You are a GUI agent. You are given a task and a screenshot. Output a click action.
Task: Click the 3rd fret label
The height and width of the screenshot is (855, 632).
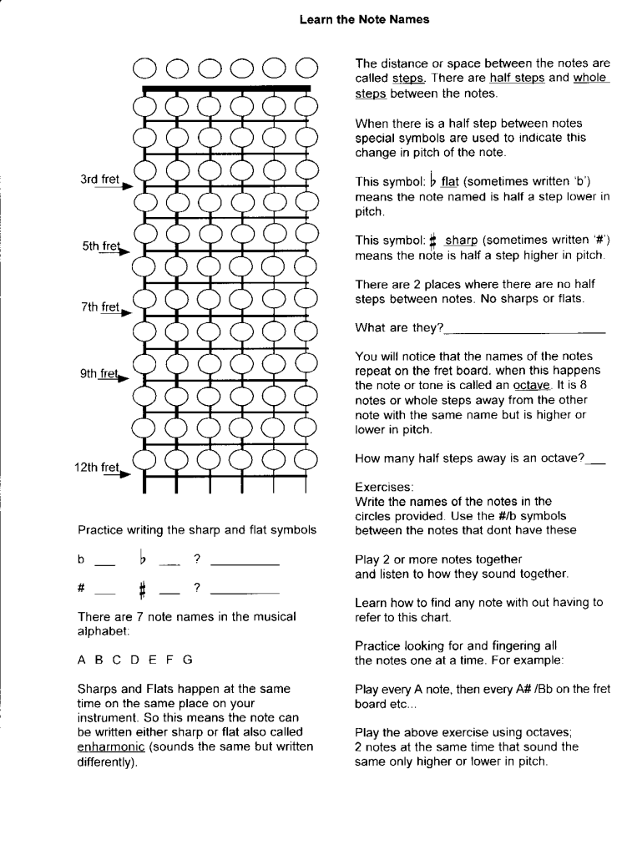coord(99,180)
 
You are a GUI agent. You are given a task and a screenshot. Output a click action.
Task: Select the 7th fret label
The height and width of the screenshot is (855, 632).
coord(99,307)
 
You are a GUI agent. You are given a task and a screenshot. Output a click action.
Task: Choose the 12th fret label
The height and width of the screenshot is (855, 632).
coord(97,468)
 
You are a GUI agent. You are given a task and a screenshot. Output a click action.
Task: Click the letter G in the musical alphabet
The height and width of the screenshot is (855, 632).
coord(188,659)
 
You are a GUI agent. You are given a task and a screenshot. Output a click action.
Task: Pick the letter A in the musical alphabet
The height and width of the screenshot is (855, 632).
coord(82,659)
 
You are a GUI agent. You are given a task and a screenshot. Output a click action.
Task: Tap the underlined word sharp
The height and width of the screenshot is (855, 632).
coord(460,240)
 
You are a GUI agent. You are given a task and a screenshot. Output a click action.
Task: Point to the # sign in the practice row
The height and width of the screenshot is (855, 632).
coord(82,588)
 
